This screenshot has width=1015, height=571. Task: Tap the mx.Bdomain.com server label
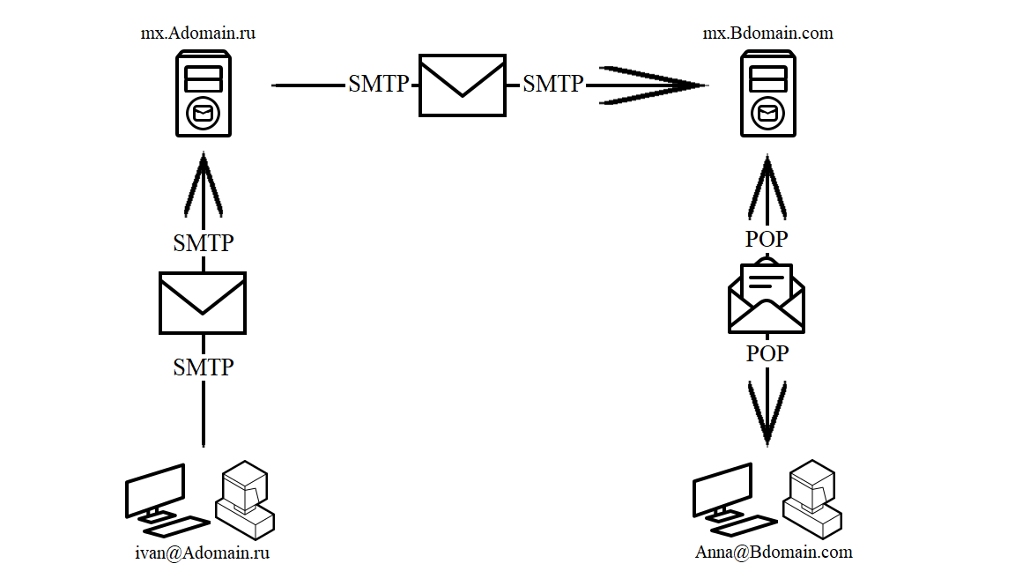click(x=767, y=33)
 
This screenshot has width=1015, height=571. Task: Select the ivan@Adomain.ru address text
click(x=202, y=553)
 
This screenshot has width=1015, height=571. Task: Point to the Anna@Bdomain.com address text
click(x=774, y=552)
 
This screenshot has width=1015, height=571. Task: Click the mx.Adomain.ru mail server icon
click(x=204, y=93)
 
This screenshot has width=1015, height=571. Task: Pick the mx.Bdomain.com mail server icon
click(x=767, y=93)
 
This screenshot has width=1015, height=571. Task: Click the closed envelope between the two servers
click(x=463, y=85)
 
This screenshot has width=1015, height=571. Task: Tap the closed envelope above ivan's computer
click(x=203, y=302)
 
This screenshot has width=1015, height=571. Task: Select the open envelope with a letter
click(x=767, y=297)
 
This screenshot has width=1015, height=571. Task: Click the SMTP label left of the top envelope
click(x=378, y=84)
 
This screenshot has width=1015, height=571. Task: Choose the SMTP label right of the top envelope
click(x=552, y=84)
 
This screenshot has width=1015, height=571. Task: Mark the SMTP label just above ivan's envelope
click(x=204, y=243)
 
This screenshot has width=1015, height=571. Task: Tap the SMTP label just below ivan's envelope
click(x=204, y=367)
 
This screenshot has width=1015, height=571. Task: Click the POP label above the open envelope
click(x=767, y=239)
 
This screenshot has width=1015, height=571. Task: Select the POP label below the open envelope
click(x=767, y=354)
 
